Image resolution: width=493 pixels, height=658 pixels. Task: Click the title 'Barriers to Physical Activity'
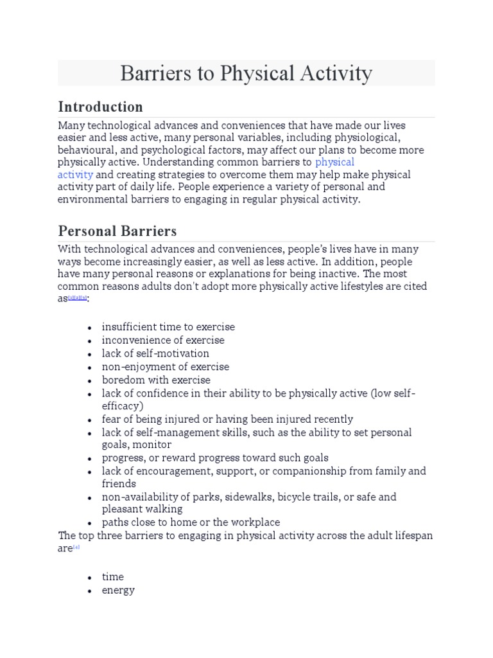click(x=246, y=73)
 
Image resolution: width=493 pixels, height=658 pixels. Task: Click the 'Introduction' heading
click(x=100, y=107)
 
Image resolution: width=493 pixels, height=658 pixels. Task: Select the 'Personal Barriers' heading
click(x=117, y=231)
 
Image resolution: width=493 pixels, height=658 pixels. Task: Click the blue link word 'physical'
click(x=334, y=162)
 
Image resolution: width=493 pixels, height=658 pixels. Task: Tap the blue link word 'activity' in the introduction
click(x=75, y=175)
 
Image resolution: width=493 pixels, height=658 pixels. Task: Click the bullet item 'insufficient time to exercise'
click(x=168, y=327)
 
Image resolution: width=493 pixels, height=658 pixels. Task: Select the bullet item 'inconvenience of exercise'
click(x=163, y=340)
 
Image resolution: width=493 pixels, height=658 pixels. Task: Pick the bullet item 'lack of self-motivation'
click(x=155, y=353)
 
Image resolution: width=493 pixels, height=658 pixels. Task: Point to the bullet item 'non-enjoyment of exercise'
click(x=165, y=366)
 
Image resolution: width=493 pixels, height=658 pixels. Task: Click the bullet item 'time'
click(x=113, y=577)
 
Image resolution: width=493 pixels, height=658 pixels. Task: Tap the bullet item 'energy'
click(x=118, y=590)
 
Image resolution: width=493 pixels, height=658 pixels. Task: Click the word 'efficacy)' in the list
click(x=123, y=405)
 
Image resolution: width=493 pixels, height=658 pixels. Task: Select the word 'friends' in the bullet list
click(x=119, y=484)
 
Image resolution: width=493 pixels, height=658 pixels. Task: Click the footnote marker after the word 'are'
click(x=76, y=547)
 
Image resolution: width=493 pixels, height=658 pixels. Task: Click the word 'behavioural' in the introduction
click(x=84, y=150)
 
